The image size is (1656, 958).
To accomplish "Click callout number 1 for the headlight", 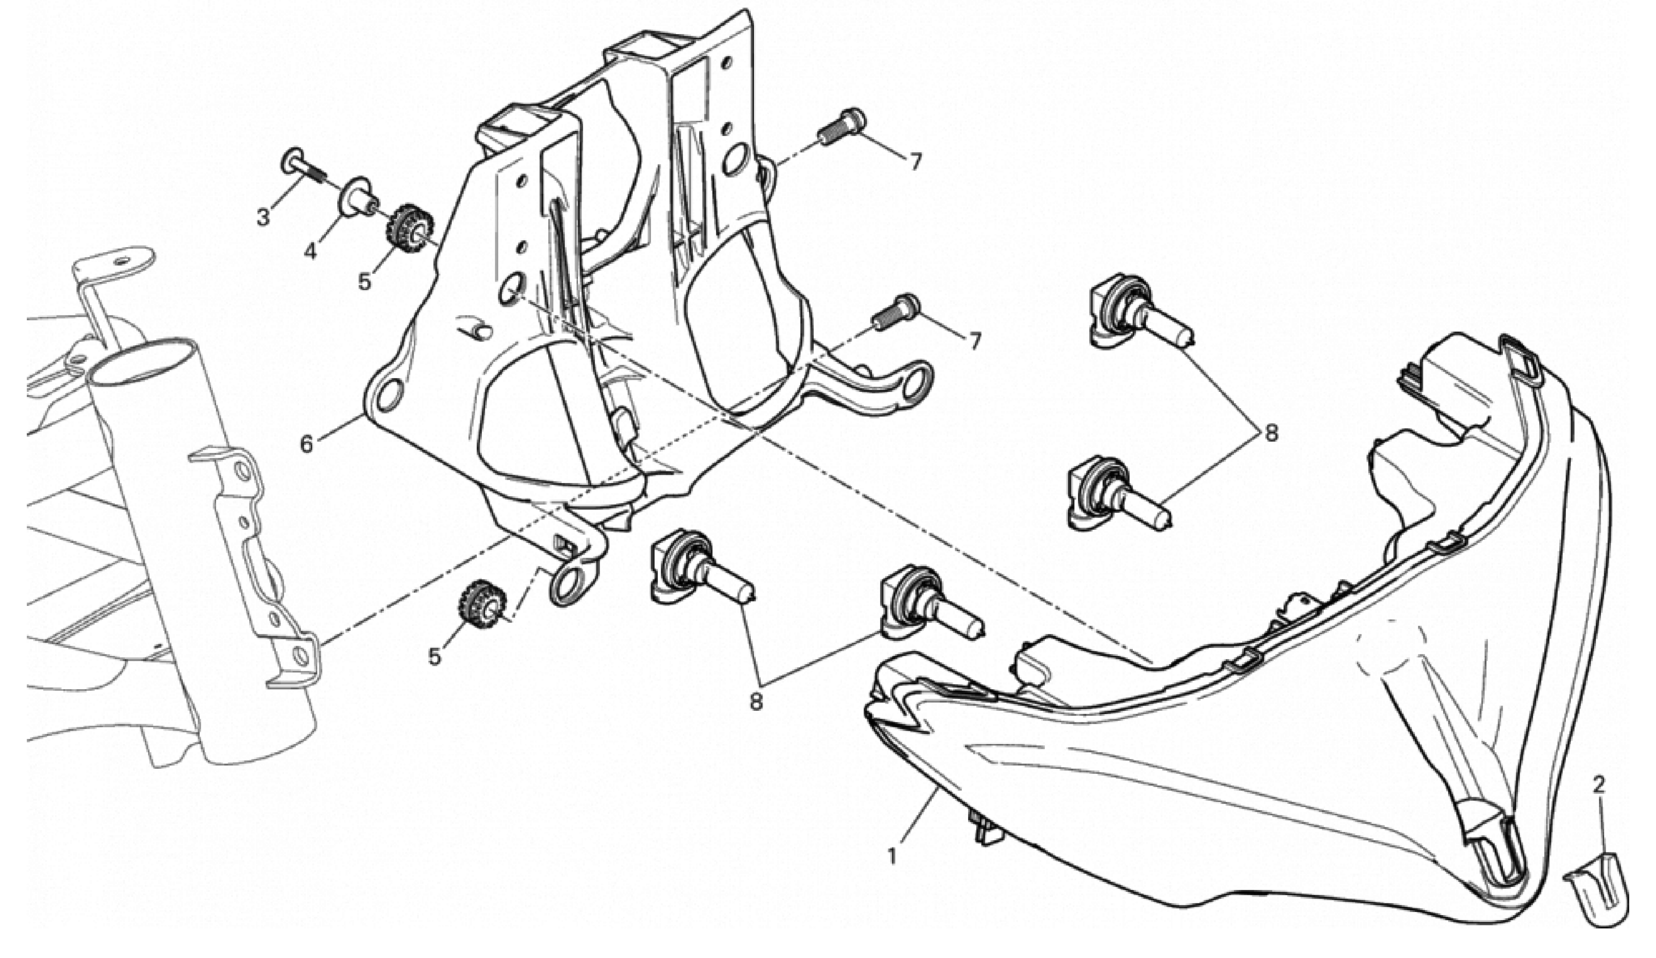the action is click(892, 856).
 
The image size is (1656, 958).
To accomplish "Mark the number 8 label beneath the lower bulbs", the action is click(756, 702).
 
